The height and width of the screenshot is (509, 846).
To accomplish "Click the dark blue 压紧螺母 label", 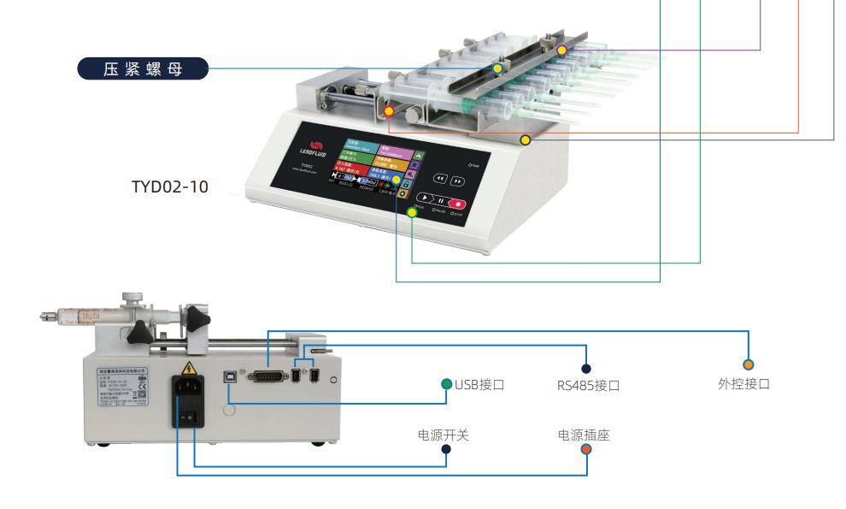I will click(x=143, y=68).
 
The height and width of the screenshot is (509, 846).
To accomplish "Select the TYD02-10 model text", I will click(x=170, y=186).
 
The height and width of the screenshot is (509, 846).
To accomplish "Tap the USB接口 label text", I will click(x=479, y=384).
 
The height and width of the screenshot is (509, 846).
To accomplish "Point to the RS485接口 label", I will click(x=588, y=385).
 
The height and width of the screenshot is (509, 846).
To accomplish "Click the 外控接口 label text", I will click(x=743, y=383).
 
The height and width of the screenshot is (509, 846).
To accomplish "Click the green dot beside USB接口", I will click(x=446, y=383).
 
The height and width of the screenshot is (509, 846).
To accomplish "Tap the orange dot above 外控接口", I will click(x=749, y=365).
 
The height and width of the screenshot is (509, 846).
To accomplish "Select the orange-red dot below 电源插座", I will click(x=586, y=449).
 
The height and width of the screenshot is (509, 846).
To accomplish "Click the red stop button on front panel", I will click(x=459, y=204).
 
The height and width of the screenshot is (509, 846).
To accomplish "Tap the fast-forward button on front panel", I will click(x=457, y=181).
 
